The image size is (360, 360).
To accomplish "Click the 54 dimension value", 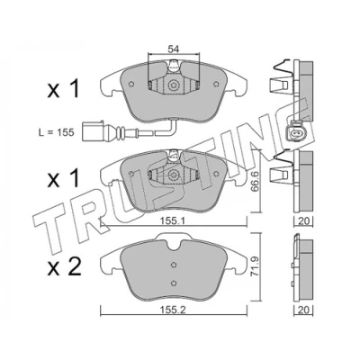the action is pyautogui.click(x=174, y=49).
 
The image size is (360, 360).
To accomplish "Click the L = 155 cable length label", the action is pyautogui.click(x=57, y=132).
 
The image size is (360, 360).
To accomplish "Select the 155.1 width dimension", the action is pyautogui.click(x=173, y=220).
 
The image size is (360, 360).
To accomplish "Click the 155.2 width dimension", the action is pyautogui.click(x=173, y=310).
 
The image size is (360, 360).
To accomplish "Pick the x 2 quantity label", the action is pyautogui.click(x=64, y=267).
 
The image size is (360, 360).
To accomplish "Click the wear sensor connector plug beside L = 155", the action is pyautogui.click(x=93, y=130).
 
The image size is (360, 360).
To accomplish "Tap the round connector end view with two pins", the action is pyautogui.click(x=295, y=131).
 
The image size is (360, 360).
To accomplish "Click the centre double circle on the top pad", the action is pyautogui.click(x=174, y=85).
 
